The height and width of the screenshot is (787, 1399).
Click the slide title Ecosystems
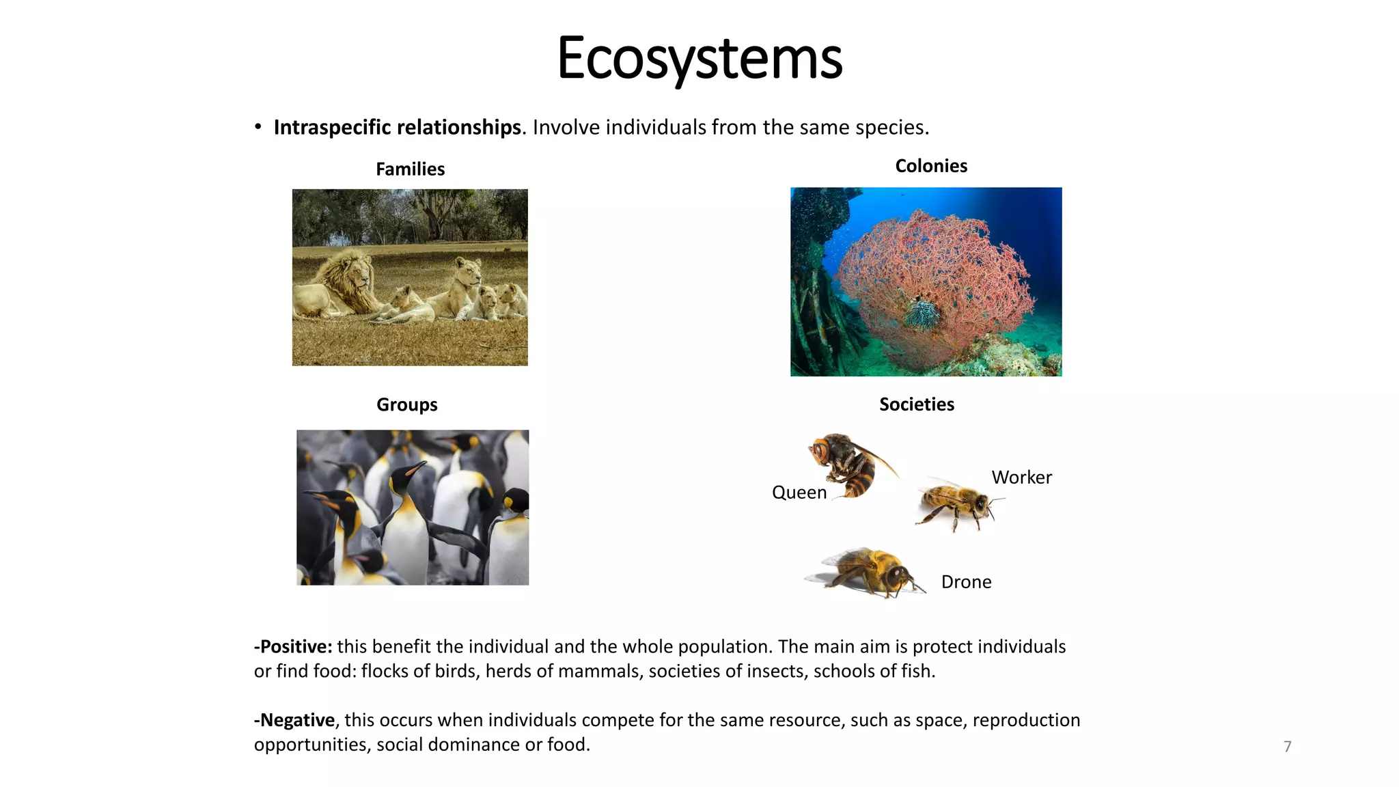click(699, 59)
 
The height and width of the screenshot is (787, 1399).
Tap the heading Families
click(410, 169)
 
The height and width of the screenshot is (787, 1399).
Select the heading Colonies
click(931, 166)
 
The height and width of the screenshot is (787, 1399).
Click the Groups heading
click(406, 404)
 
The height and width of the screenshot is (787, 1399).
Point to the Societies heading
click(916, 404)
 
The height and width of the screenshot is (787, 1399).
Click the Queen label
click(799, 493)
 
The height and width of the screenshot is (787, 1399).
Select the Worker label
click(1021, 478)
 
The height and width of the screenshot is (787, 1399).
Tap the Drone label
click(966, 582)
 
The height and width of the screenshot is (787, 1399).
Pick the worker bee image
click(957, 504)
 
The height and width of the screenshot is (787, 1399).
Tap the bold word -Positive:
click(293, 647)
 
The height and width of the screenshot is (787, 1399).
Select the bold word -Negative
click(294, 720)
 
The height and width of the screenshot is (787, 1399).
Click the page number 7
click(1287, 747)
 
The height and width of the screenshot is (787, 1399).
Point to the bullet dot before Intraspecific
click(258, 127)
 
